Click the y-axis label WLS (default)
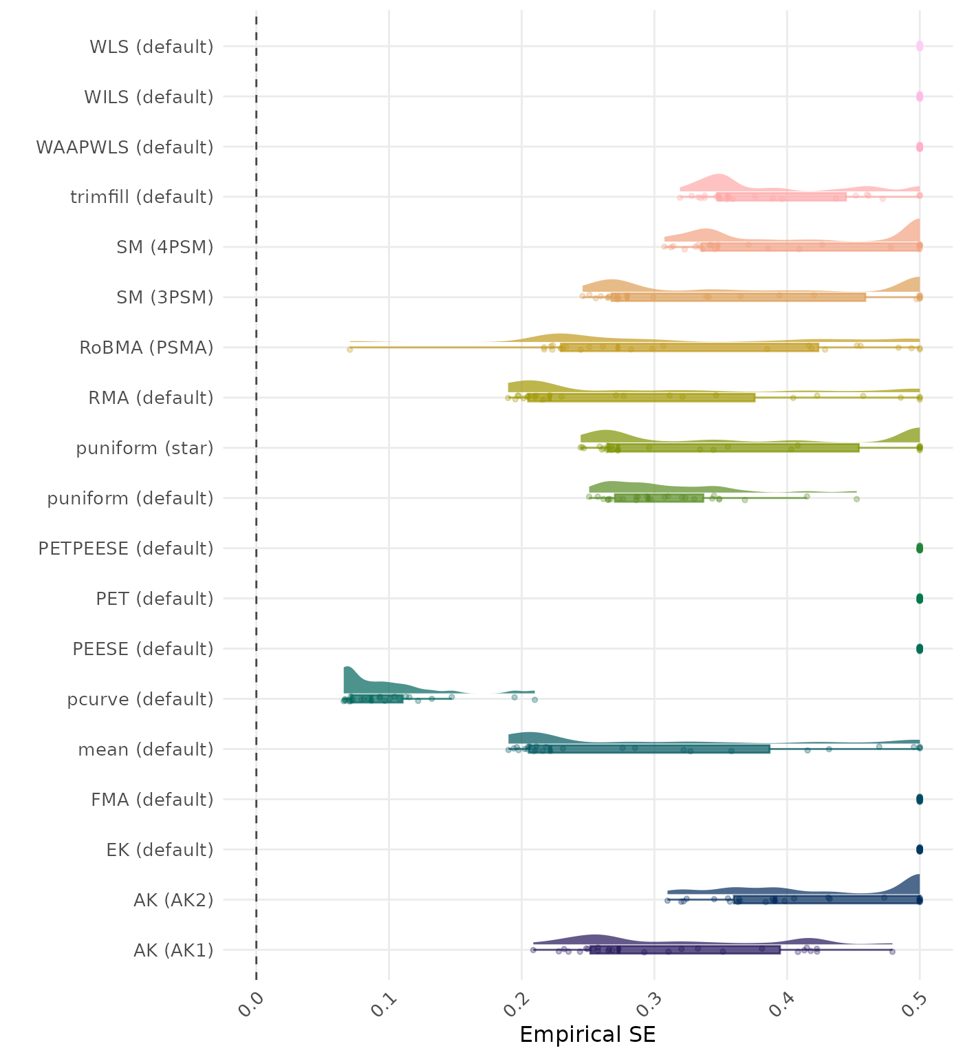151,47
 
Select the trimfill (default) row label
142,197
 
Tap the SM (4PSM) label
165,247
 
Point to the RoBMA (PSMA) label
147,348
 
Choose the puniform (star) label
144,448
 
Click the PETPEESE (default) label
126,548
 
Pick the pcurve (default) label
140,699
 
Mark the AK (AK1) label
173,950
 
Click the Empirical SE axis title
587,1035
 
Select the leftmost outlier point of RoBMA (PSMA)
349,350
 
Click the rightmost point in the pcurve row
534,699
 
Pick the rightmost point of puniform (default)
856,499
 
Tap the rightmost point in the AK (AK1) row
892,951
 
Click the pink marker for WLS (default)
920,47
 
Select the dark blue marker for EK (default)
920,849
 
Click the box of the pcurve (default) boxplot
376,699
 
